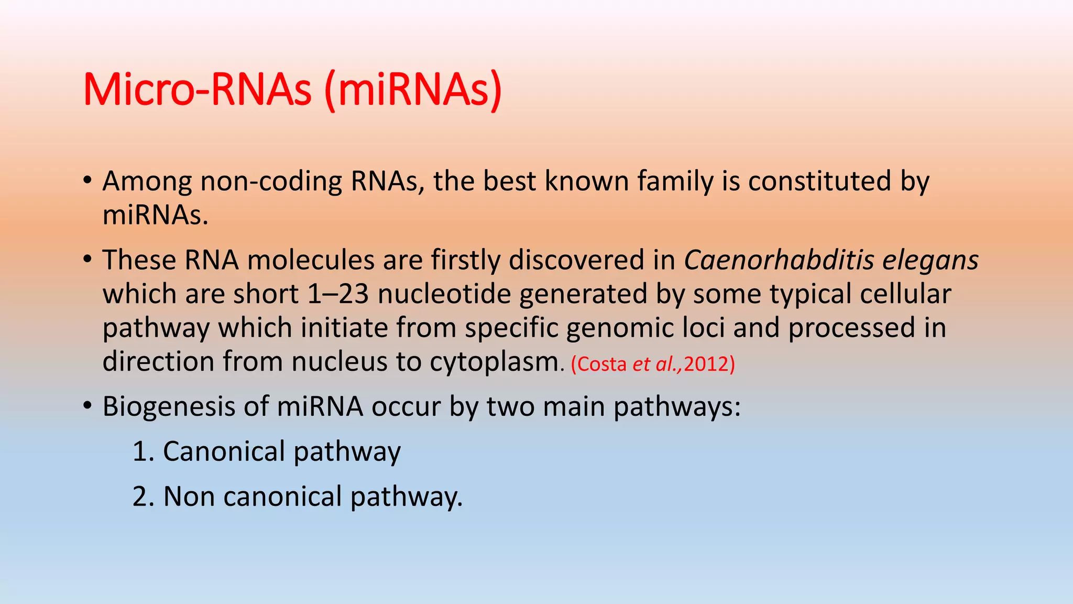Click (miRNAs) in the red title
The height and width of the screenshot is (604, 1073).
[x=413, y=90]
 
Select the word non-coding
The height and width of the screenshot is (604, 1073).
[x=271, y=181]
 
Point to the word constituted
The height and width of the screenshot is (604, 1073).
[x=819, y=181]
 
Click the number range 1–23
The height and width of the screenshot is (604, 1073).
[x=338, y=294]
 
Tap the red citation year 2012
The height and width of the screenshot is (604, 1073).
[x=706, y=364]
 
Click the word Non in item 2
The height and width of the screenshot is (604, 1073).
[x=189, y=497]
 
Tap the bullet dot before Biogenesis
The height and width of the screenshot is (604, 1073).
[x=87, y=405]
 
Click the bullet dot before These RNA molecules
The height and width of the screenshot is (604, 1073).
[x=87, y=259]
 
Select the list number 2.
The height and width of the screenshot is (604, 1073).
[x=140, y=497]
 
